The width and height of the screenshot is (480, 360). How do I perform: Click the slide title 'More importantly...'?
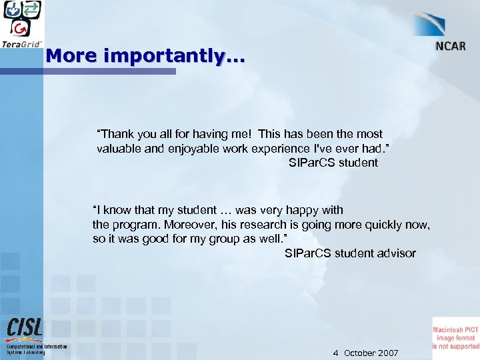pyautogui.click(x=145, y=55)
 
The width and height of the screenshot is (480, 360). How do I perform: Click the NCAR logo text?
pyautogui.click(x=451, y=46)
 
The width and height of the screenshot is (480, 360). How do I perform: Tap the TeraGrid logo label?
pyautogui.click(x=22, y=44)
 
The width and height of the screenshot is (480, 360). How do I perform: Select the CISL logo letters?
pyautogui.click(x=25, y=327)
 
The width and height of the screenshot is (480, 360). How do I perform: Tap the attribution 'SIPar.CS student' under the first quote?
pyautogui.click(x=333, y=162)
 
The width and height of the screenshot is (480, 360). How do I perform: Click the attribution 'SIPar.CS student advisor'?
pyautogui.click(x=349, y=253)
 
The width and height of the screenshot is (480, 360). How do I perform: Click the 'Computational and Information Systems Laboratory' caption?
pyautogui.click(x=37, y=349)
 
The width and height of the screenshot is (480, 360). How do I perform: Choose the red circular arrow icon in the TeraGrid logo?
pyautogui.click(x=22, y=27)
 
